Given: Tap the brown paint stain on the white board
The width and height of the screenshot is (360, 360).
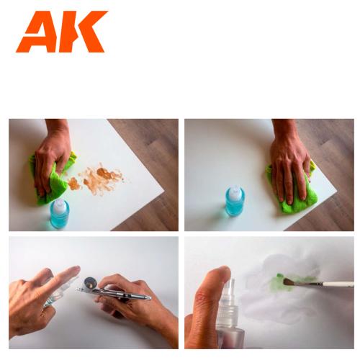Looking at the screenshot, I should (x=101, y=177).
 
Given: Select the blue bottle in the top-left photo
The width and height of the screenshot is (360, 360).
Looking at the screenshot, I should (x=60, y=214).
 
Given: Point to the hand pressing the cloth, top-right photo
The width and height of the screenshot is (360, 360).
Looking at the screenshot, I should (x=289, y=162).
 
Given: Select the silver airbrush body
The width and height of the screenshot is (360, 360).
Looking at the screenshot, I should (x=119, y=294).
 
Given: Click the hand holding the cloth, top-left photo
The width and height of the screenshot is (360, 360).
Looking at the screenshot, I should (x=54, y=151).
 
